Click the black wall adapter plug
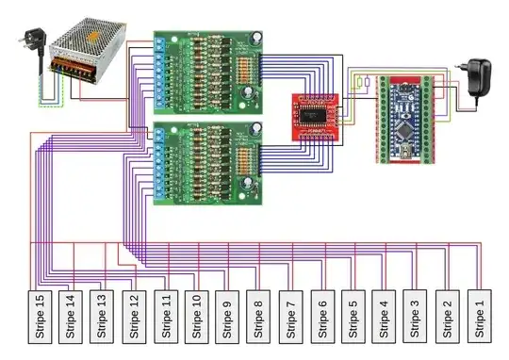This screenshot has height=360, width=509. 477,75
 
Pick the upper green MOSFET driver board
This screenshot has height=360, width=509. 208,72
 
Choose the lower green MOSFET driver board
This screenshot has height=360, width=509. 208,163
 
